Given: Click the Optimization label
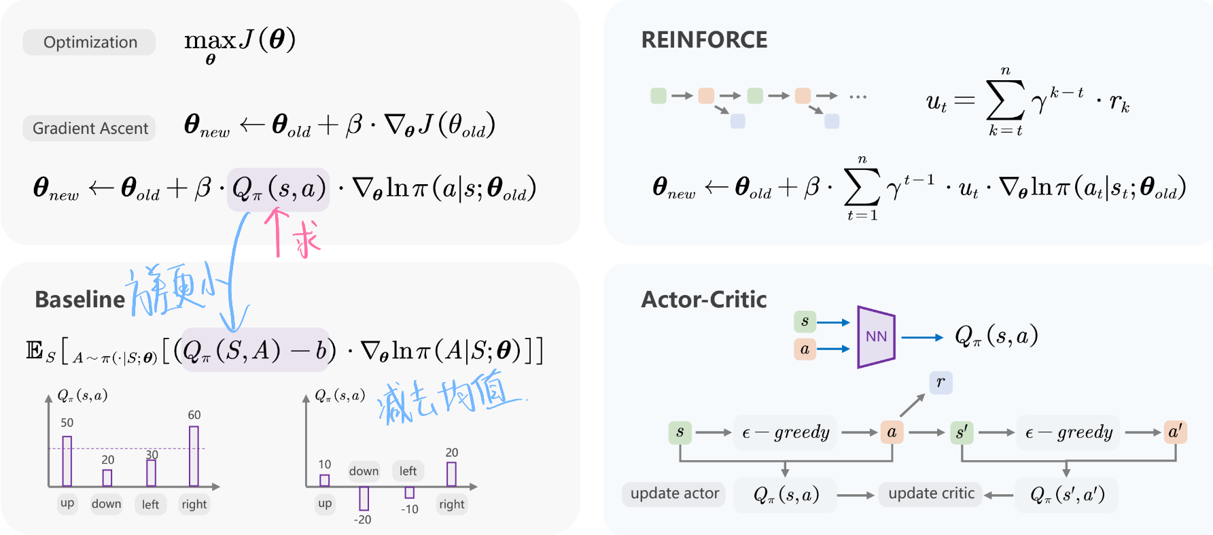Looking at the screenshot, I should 90,42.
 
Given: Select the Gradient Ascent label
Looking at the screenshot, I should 90,128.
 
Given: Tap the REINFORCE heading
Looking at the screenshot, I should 704,40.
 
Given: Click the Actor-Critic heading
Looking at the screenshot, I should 703,300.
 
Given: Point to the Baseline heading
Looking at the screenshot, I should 80,300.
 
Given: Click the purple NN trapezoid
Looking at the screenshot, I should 876,336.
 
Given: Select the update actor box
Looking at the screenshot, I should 674,494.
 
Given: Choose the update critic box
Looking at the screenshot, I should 931,494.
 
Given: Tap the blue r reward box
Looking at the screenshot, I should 940,382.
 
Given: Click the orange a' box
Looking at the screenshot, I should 1175,432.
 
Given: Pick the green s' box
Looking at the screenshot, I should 962,432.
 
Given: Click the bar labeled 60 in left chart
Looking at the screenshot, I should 194,456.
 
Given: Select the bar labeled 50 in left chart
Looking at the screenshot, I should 67,461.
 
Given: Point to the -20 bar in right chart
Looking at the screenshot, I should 364,498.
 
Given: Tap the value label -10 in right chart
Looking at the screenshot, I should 409,509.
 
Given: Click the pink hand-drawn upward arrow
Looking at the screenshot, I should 277,231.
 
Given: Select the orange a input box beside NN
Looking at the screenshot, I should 805,349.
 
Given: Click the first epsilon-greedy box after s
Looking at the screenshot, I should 785,432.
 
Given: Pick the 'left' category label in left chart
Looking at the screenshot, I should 150,504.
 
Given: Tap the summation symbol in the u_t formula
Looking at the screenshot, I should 1005,101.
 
